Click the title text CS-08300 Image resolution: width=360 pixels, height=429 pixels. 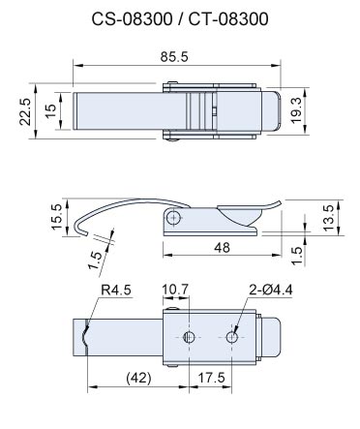[x=132, y=19]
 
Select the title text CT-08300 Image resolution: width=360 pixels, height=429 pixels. [x=228, y=19]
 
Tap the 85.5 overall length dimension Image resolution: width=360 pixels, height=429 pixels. [x=174, y=57]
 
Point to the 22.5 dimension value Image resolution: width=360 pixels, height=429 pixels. [x=25, y=111]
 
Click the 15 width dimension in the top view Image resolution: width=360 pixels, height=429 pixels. [x=50, y=111]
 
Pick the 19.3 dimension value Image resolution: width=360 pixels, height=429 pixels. [x=296, y=110]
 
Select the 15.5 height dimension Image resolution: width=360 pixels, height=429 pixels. [x=56, y=217]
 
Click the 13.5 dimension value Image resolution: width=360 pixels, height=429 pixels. [x=329, y=218]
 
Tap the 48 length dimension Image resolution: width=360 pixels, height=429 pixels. [x=223, y=248]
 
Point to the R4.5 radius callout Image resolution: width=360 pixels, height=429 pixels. [x=116, y=290]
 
